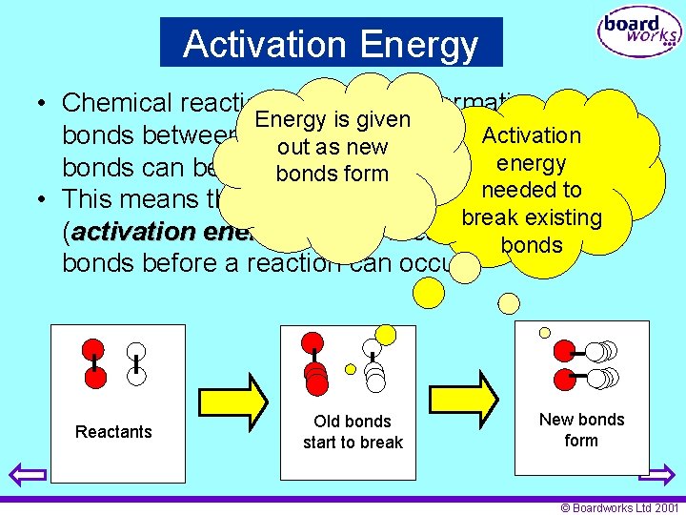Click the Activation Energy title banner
331,43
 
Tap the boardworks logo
639,34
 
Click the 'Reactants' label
113,432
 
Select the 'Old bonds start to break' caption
353,432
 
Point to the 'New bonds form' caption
581,430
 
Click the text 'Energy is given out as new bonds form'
333,147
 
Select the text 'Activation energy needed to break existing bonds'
532,191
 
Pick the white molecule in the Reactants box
137,363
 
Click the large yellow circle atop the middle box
385,334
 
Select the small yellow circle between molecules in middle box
350,369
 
